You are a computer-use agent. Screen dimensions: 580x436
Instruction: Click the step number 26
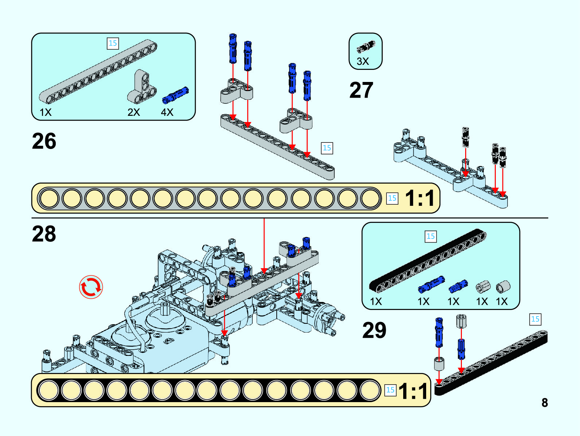coord(44,141)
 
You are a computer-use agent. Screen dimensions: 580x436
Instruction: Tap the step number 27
coord(361,90)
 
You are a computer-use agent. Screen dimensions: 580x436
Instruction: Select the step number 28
coord(44,233)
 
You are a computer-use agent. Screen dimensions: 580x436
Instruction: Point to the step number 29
coord(374,330)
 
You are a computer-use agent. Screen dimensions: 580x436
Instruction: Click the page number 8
coord(545,402)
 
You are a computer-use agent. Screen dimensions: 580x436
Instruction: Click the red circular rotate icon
coord(91,287)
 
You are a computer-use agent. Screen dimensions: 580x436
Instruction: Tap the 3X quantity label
coord(362,61)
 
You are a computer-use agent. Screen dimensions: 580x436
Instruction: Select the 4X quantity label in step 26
coord(167,112)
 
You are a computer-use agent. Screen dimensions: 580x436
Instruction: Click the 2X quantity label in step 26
coord(134,112)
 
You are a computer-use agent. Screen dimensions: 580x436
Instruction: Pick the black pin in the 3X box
coord(366,46)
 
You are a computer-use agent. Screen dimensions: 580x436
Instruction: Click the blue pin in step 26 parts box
coord(175,94)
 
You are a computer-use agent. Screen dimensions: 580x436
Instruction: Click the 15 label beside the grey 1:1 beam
coord(392,198)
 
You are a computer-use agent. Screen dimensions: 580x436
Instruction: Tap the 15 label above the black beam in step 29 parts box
coord(431,236)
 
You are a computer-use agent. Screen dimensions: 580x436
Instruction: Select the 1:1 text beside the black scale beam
coord(413,391)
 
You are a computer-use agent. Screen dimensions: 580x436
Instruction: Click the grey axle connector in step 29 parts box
coord(483,287)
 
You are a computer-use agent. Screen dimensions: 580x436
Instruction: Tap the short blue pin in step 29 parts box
coord(458,286)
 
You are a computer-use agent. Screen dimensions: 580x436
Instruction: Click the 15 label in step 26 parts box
coord(113,43)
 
